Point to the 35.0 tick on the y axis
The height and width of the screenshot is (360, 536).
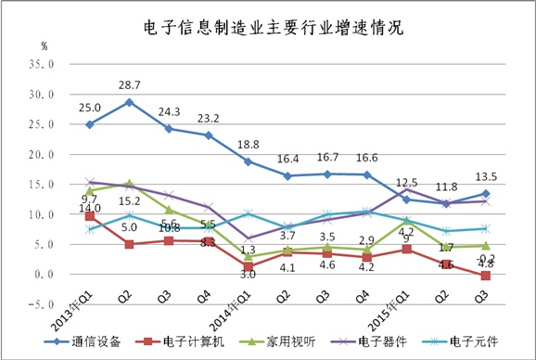pyautogui.click(x=44, y=65)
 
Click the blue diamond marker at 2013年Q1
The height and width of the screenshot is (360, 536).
pyautogui.click(x=90, y=124)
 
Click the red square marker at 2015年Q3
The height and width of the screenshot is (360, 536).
pyautogui.click(x=487, y=276)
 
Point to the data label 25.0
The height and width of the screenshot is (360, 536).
pyautogui.click(x=90, y=107)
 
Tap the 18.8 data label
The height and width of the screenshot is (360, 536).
pyautogui.click(x=249, y=144)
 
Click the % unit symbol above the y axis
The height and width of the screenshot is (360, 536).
pyautogui.click(x=44, y=45)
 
